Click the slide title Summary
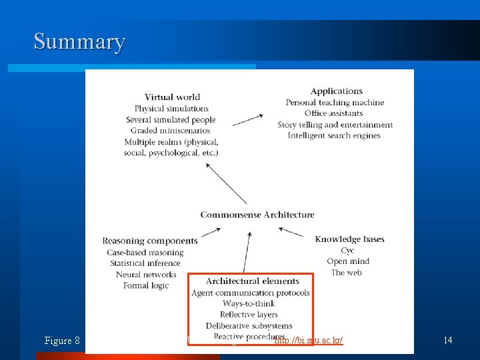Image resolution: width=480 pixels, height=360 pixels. (79, 42)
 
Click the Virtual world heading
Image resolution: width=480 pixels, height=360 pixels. (172, 97)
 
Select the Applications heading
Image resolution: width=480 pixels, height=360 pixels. (337, 91)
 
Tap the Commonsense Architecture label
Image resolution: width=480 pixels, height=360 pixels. (257, 215)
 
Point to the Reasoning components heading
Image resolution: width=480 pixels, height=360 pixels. (150, 241)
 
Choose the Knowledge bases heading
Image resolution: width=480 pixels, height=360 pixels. (349, 239)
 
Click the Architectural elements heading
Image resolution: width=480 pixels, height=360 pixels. (252, 281)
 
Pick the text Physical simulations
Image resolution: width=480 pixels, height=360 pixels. (171, 109)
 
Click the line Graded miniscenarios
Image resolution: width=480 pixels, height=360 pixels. (171, 131)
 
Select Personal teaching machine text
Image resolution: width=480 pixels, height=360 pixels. (335, 103)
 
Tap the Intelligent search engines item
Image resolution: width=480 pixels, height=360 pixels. (334, 136)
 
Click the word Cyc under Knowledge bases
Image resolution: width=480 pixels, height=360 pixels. (347, 251)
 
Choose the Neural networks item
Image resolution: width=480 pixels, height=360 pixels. (146, 275)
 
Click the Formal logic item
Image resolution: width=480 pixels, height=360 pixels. (146, 286)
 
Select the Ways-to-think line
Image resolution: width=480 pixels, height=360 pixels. (249, 304)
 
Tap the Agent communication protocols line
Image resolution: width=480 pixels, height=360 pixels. (251, 293)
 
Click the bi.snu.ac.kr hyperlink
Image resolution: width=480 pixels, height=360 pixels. (309, 341)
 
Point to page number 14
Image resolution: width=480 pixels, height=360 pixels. (448, 341)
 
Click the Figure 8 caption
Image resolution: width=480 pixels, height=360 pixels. (62, 341)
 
